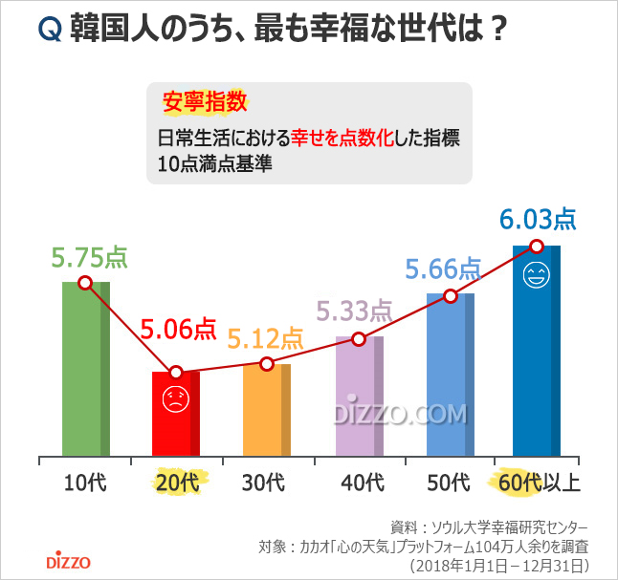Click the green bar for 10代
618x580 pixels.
point(85,373)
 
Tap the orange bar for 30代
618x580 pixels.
point(266,411)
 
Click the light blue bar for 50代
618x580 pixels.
point(449,377)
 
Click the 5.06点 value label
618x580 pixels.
point(179,330)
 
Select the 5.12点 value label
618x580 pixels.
point(265,338)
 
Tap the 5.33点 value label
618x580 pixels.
point(355,310)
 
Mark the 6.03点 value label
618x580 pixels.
point(538,220)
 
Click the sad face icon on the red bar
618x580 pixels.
point(175,400)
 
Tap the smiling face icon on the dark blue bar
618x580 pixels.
point(537,277)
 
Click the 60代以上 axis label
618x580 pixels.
point(539,482)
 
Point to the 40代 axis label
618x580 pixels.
point(358,482)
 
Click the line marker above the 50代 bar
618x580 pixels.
point(449,296)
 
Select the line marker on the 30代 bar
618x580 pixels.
point(267,363)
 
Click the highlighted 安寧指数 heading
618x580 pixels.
point(205,101)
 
